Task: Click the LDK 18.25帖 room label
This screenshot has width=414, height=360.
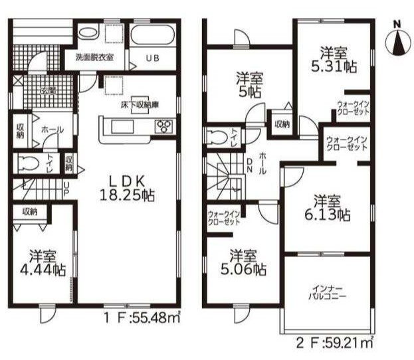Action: [x=127, y=189]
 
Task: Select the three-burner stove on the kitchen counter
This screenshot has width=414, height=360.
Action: [x=163, y=126]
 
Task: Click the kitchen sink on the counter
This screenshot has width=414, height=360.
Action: [x=122, y=126]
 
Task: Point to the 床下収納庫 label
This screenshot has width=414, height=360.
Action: [x=140, y=105]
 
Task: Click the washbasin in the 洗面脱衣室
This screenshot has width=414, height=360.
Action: [x=88, y=33]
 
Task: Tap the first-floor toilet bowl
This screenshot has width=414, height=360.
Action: [x=29, y=163]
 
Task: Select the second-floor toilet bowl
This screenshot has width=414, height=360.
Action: [x=217, y=137]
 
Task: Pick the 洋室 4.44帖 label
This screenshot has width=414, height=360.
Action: [x=43, y=262]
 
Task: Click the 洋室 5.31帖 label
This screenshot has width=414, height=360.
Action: [x=334, y=60]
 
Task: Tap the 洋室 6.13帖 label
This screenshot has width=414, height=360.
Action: [x=328, y=208]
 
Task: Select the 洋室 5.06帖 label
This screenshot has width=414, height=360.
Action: [x=243, y=262]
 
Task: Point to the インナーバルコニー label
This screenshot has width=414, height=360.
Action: [x=328, y=292]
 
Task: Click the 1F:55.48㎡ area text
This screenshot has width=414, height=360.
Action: [x=142, y=317]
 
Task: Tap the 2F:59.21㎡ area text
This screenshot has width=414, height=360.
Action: [x=335, y=343]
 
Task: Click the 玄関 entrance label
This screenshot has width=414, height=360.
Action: [x=49, y=91]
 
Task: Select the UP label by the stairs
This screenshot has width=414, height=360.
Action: [x=66, y=189]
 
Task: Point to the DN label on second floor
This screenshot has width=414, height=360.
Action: [x=249, y=165]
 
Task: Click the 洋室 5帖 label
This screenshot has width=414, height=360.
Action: [x=249, y=85]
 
